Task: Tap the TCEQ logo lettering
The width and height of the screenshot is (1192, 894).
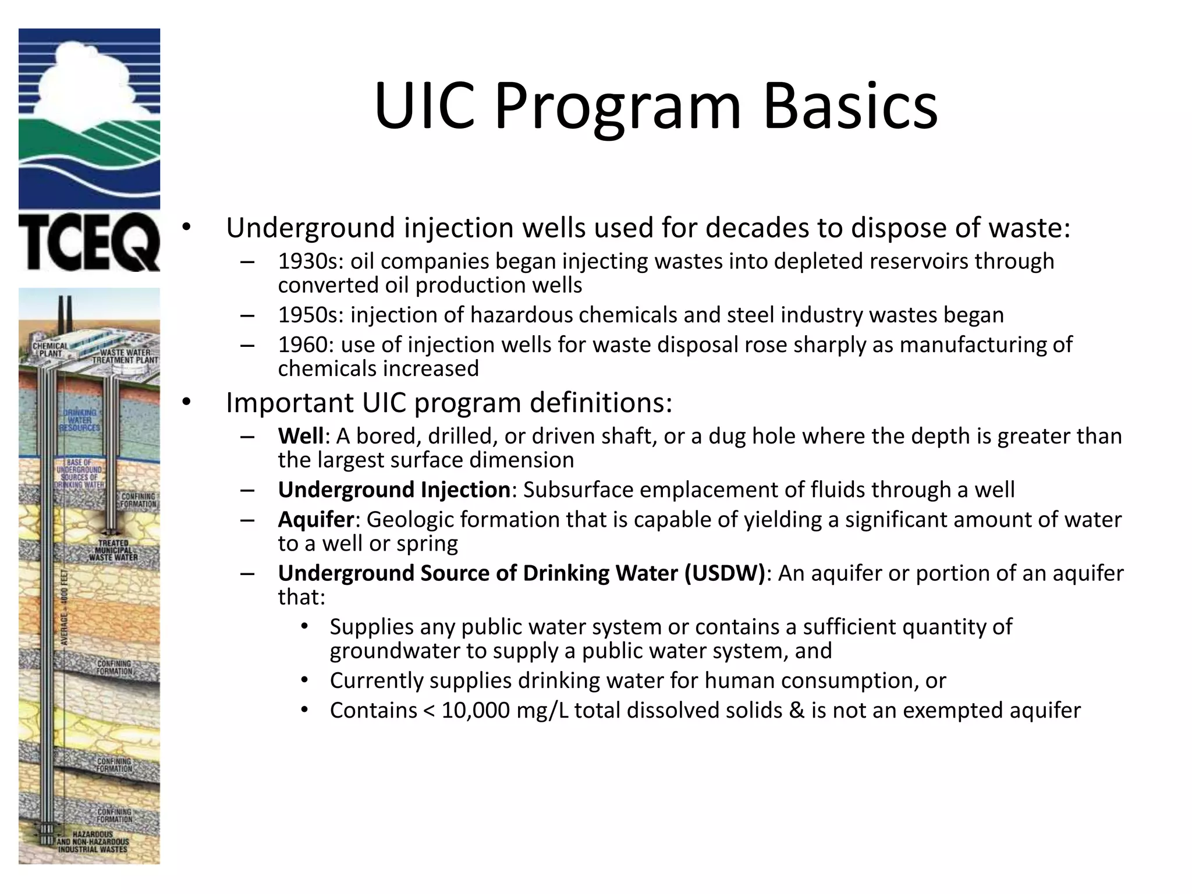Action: (89, 242)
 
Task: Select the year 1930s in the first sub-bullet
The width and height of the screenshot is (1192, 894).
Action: (311, 261)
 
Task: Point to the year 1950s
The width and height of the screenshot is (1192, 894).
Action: (311, 315)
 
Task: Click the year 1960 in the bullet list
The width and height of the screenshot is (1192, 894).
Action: (305, 345)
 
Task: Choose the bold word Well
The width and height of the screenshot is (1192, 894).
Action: (300, 436)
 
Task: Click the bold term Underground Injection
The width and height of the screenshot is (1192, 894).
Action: (394, 489)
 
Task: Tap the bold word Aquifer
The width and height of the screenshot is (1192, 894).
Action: (315, 519)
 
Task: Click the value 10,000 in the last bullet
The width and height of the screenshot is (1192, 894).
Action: (476, 711)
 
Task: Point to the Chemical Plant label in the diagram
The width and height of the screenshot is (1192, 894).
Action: (50, 349)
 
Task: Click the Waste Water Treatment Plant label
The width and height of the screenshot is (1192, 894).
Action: (125, 356)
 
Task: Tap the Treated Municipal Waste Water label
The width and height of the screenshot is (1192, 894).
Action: (113, 550)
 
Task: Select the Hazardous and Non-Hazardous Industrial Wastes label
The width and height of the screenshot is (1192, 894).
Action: (93, 842)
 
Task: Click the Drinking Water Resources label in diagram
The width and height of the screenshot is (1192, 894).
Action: (80, 420)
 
